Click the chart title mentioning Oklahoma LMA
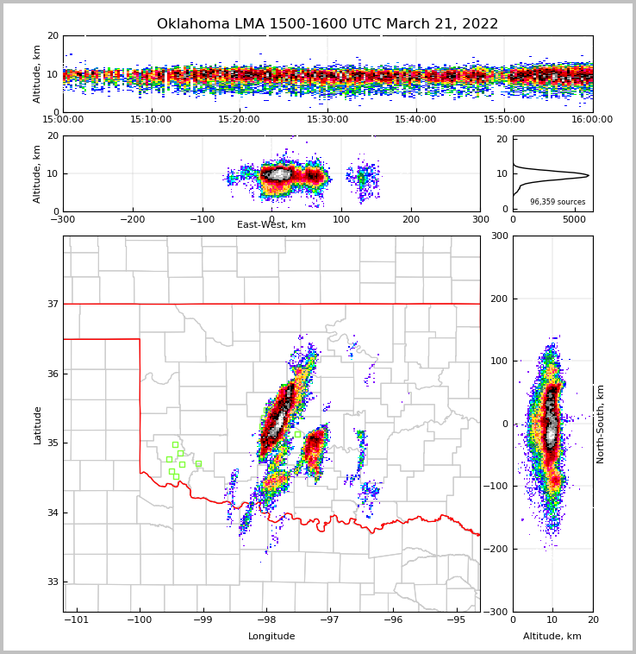tap(327, 24)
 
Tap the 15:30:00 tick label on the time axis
tap(327, 120)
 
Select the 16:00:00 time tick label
tap(592, 120)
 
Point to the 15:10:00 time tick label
tap(151, 120)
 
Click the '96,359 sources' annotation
tap(558, 202)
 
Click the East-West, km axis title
tap(271, 225)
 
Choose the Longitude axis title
tap(271, 637)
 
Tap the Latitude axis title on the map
tap(37, 424)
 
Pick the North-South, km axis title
tap(601, 424)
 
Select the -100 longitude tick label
tap(140, 619)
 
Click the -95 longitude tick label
tap(457, 619)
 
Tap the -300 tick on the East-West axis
tap(63, 219)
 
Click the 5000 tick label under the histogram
tap(574, 219)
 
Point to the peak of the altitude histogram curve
tap(589, 176)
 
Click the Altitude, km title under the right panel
tap(552, 637)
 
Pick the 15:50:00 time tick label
tap(504, 120)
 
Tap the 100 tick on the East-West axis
tap(341, 219)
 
